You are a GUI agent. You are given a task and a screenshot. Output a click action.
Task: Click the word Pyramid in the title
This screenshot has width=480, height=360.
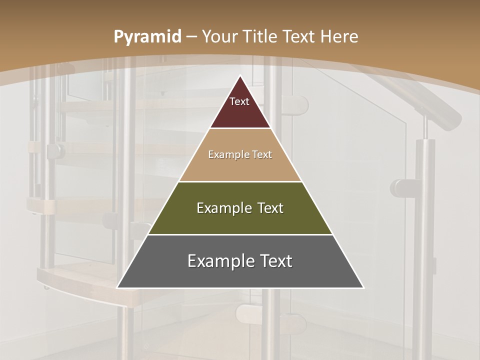click(x=147, y=36)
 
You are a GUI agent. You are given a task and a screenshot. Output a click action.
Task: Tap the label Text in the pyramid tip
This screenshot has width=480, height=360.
click(x=239, y=102)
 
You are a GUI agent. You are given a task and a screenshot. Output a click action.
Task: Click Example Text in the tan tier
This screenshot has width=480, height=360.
click(x=240, y=155)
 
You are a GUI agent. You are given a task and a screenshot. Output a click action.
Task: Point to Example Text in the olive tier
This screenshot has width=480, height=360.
click(x=240, y=208)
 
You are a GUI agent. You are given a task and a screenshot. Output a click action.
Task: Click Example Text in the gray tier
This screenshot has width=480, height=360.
click(x=240, y=261)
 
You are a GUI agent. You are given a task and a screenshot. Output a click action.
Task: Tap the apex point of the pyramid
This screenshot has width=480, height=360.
click(x=240, y=76)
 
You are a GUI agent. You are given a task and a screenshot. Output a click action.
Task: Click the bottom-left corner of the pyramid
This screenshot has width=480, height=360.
click(x=118, y=287)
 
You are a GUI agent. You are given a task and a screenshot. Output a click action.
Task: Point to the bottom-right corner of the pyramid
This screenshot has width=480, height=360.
click(x=363, y=287)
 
